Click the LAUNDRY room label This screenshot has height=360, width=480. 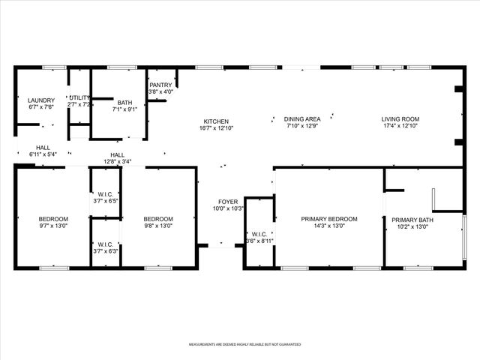(42, 100)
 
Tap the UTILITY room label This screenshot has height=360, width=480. (79, 97)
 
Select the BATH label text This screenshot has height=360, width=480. (124, 103)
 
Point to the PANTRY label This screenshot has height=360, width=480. (160, 85)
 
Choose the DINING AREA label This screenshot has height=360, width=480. (302, 119)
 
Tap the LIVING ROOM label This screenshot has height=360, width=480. (400, 119)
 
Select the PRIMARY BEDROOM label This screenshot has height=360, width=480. (328, 219)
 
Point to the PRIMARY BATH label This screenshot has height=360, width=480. (415, 220)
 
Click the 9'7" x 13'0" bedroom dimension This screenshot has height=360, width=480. (53, 226)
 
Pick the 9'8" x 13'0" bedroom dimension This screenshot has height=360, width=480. (158, 226)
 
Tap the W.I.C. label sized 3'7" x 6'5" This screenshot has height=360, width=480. (106, 201)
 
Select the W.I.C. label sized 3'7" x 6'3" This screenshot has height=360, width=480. (106, 251)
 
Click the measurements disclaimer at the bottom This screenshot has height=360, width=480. (240, 345)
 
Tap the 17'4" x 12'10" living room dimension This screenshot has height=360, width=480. (400, 126)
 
